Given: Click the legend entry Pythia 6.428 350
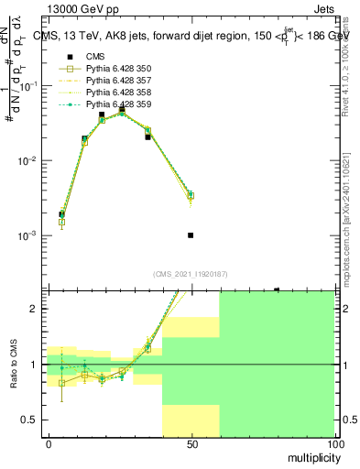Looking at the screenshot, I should [115, 71].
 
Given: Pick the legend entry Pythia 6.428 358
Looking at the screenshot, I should [115, 93].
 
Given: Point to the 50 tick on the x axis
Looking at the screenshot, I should [191, 443].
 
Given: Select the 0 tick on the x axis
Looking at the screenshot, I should [49, 443].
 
